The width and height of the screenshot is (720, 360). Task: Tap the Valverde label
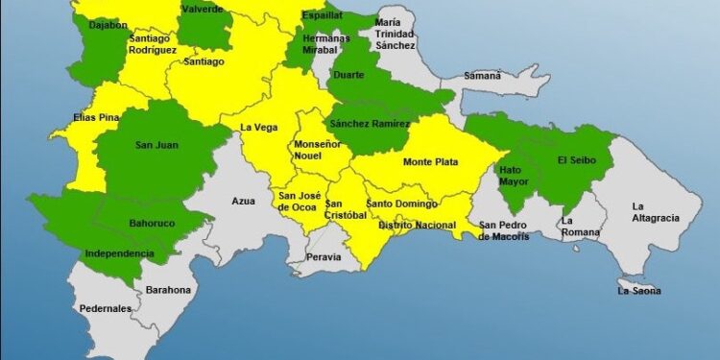(203, 10)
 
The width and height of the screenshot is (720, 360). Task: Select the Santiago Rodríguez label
(153, 43)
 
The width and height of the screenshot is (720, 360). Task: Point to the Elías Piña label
(96, 118)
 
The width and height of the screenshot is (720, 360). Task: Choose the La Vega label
(258, 127)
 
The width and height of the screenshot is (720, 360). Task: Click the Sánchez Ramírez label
(369, 124)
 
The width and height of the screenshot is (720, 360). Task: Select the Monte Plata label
(430, 161)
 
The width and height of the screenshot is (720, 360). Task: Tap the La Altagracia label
(655, 212)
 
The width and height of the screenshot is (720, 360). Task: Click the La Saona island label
(639, 290)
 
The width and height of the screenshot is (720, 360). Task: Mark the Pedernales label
(106, 309)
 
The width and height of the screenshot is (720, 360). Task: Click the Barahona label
(168, 290)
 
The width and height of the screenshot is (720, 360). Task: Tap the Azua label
(243, 201)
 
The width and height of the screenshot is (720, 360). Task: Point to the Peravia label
(324, 257)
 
